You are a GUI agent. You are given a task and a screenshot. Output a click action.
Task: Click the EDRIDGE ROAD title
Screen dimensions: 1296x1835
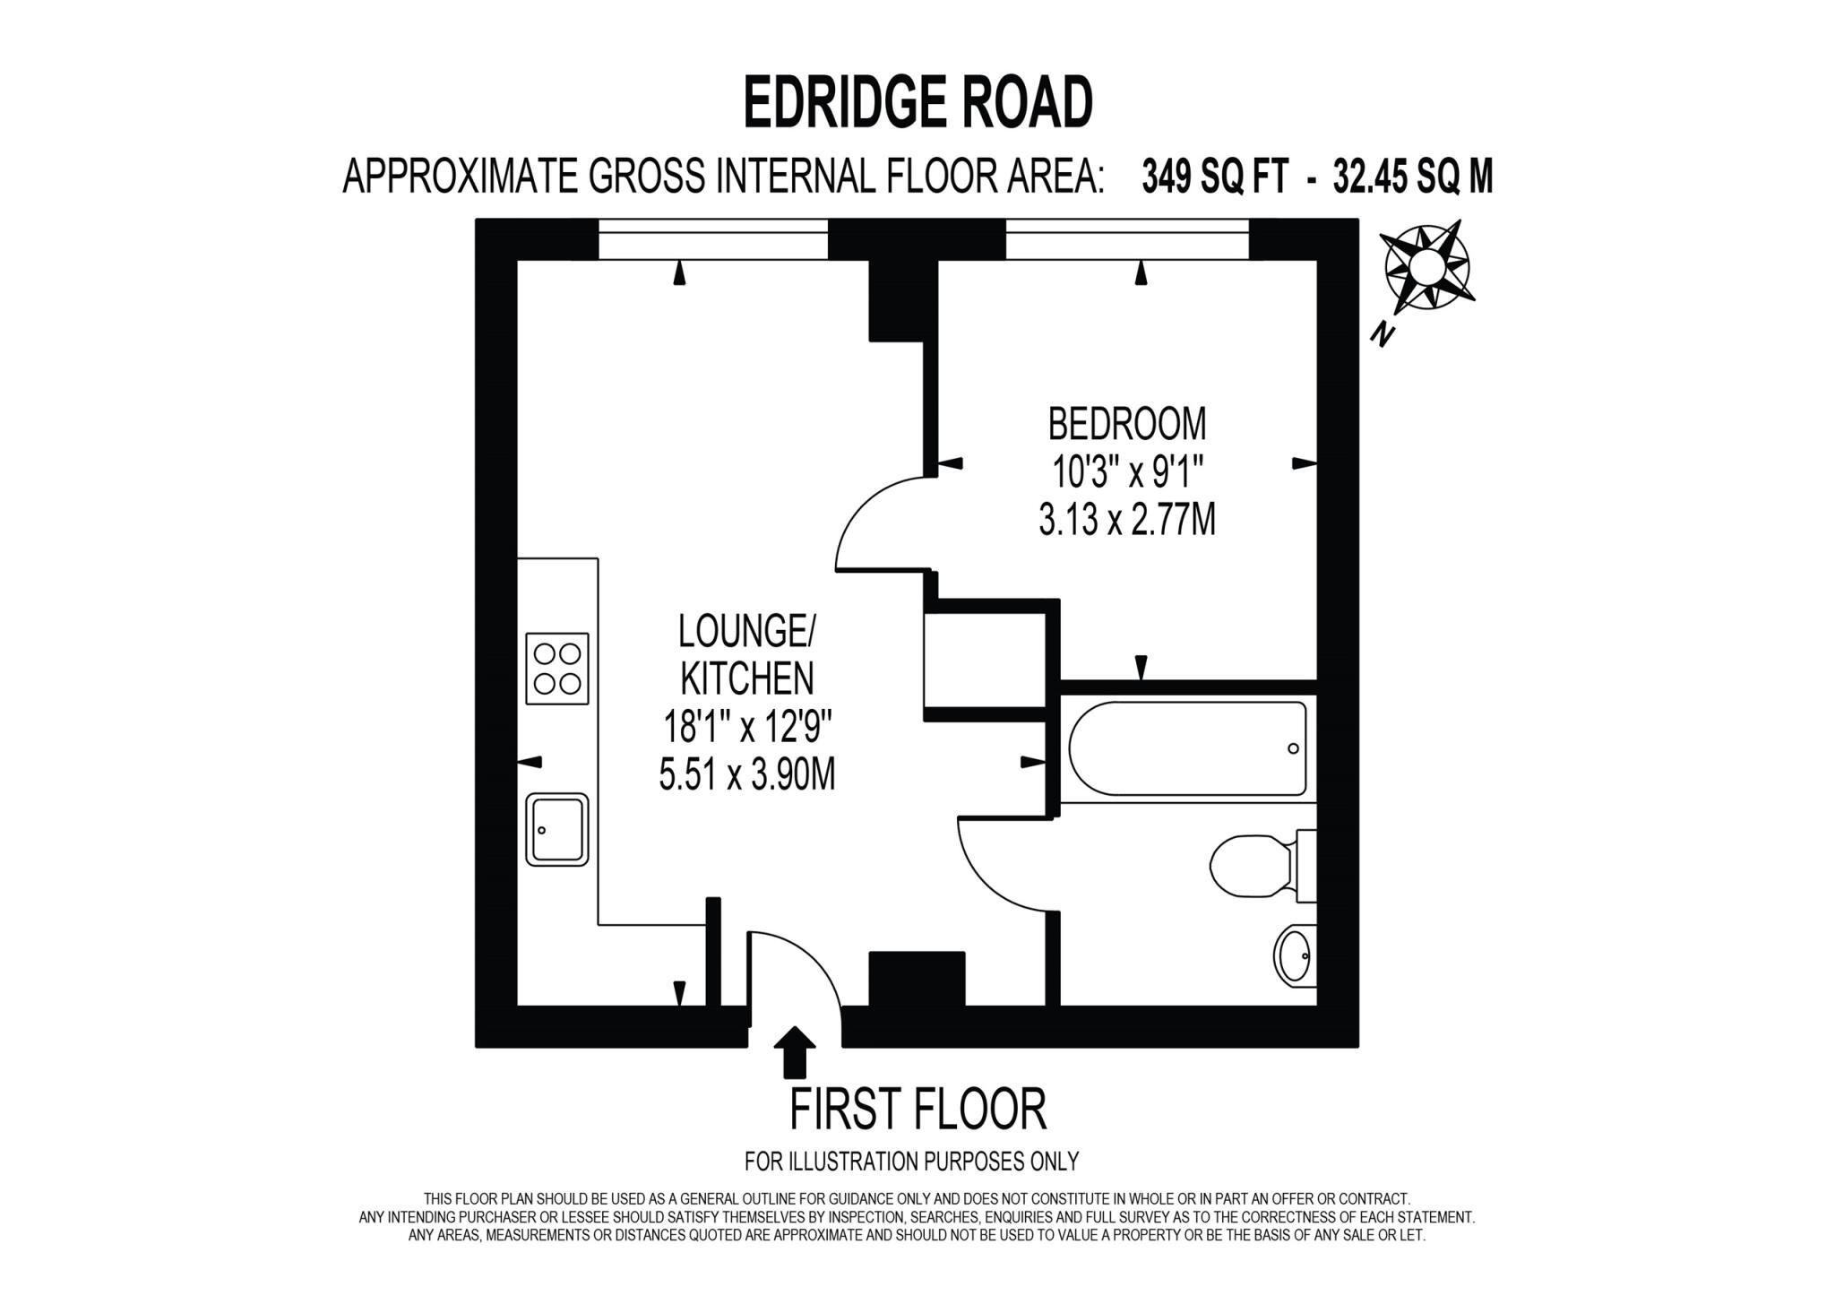[917, 103]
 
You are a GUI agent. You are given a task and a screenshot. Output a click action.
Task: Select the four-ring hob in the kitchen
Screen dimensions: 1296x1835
[556, 669]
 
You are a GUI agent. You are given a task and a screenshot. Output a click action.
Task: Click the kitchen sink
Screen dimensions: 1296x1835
[556, 829]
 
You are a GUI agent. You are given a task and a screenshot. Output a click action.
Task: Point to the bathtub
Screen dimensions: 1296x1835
[1186, 749]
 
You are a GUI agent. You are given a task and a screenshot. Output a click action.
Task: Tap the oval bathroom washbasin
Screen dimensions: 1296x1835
[1294, 955]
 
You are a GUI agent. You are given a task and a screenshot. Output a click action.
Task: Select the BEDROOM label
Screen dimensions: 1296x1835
[1127, 424]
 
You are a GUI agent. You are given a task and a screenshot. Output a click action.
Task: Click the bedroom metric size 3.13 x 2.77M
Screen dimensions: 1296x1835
[1127, 520]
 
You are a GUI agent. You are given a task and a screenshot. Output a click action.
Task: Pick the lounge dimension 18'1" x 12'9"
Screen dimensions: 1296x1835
[747, 727]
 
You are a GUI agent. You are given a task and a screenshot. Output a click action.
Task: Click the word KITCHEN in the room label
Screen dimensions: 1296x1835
[747, 678]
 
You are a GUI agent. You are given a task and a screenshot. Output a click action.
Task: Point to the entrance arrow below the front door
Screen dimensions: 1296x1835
[794, 1051]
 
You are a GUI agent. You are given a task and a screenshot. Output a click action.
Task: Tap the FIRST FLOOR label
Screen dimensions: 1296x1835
[917, 1110]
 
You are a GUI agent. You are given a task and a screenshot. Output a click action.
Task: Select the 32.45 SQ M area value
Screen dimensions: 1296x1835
[1413, 177]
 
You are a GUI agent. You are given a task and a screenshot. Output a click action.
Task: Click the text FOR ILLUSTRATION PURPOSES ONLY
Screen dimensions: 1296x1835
[911, 1162]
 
